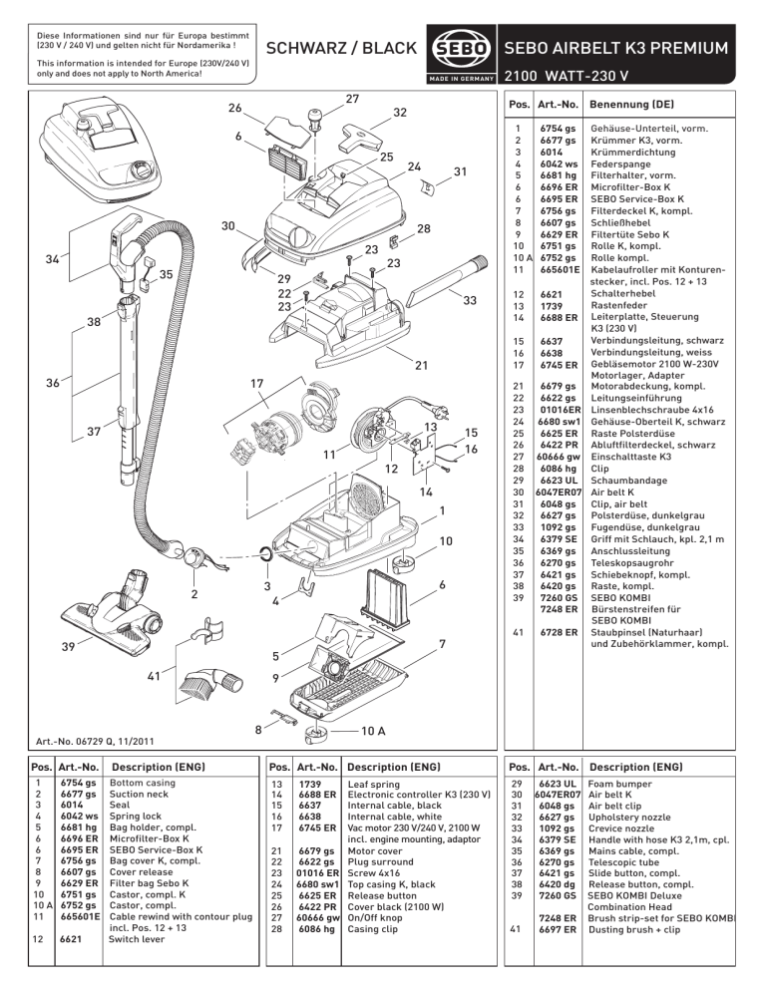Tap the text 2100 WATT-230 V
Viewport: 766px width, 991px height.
(x=567, y=76)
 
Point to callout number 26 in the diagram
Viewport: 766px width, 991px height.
(x=234, y=108)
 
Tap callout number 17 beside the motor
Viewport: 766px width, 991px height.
(x=256, y=383)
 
